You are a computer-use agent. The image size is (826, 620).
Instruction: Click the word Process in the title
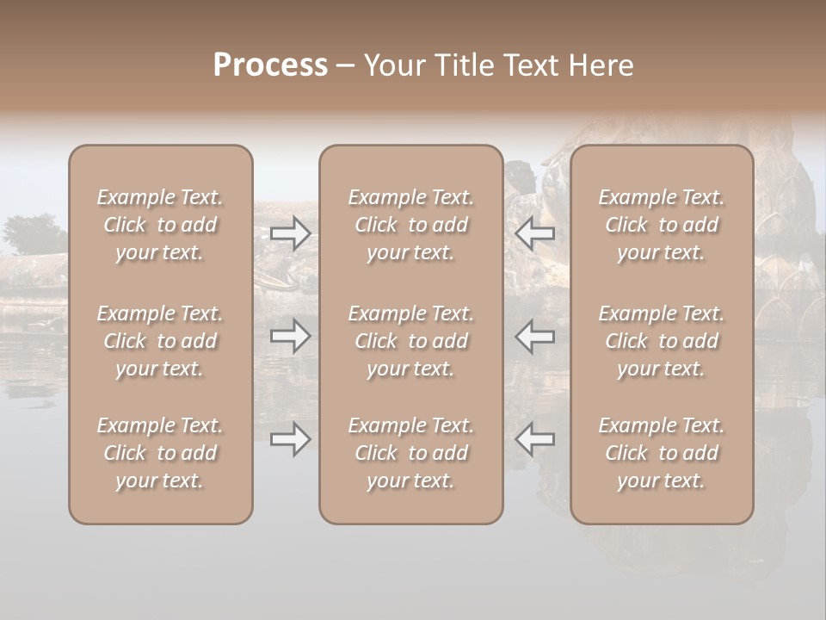click(x=270, y=65)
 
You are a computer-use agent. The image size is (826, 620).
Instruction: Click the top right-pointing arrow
click(x=291, y=232)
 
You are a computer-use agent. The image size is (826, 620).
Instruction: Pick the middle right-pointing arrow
click(x=291, y=336)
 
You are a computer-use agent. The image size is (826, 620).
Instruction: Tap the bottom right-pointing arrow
click(x=291, y=439)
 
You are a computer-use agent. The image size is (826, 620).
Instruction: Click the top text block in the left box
click(x=160, y=225)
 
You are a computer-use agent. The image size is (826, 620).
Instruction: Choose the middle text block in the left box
click(x=160, y=341)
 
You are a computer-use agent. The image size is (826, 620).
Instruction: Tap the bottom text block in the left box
click(x=160, y=453)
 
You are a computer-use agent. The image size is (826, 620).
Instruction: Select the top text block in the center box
click(x=411, y=225)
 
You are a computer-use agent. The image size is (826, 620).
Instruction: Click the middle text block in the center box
click(x=411, y=341)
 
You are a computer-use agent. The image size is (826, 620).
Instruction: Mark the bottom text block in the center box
click(x=411, y=453)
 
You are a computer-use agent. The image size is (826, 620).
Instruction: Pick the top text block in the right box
click(x=662, y=225)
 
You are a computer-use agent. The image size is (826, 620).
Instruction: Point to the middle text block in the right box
click(x=662, y=341)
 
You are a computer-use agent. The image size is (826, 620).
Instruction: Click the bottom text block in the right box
click(x=662, y=453)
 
